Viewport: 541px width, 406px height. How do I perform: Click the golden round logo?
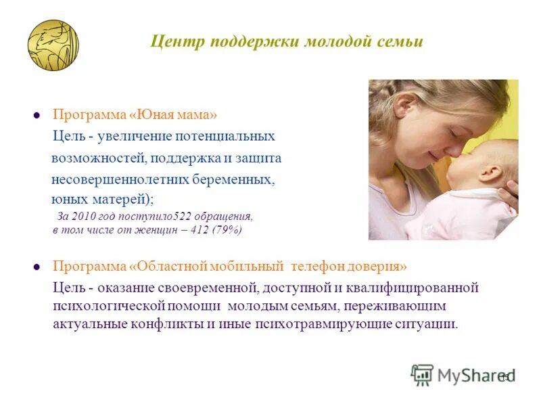click(x=53, y=45)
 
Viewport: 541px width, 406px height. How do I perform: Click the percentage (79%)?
click(x=227, y=230)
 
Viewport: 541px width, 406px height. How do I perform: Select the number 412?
click(x=199, y=230)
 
